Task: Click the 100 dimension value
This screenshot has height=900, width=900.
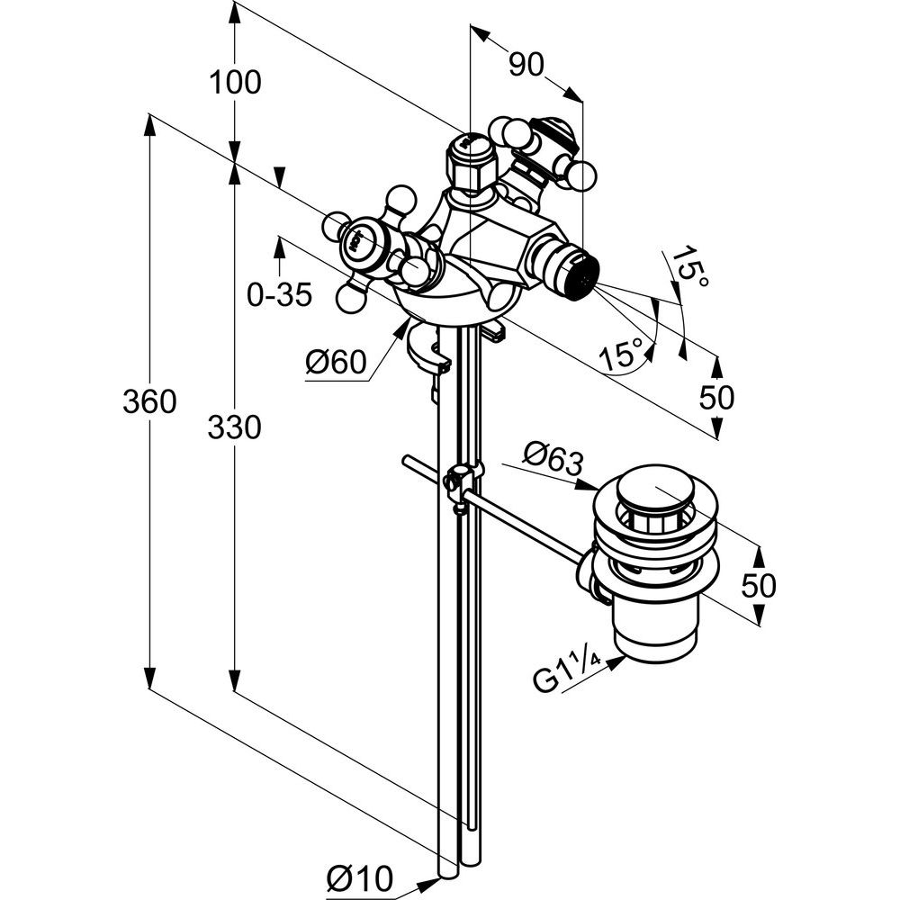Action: pos(235,83)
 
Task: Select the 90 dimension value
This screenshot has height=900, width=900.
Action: pos(529,64)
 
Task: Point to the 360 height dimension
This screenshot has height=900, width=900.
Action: pos(149,401)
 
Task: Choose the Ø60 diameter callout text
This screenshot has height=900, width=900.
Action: pos(336,363)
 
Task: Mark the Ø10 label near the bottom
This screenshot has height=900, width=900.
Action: pos(360,877)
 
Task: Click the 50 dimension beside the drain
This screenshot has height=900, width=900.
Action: pos(758,586)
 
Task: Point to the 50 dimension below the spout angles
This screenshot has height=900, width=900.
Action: pos(716,397)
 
